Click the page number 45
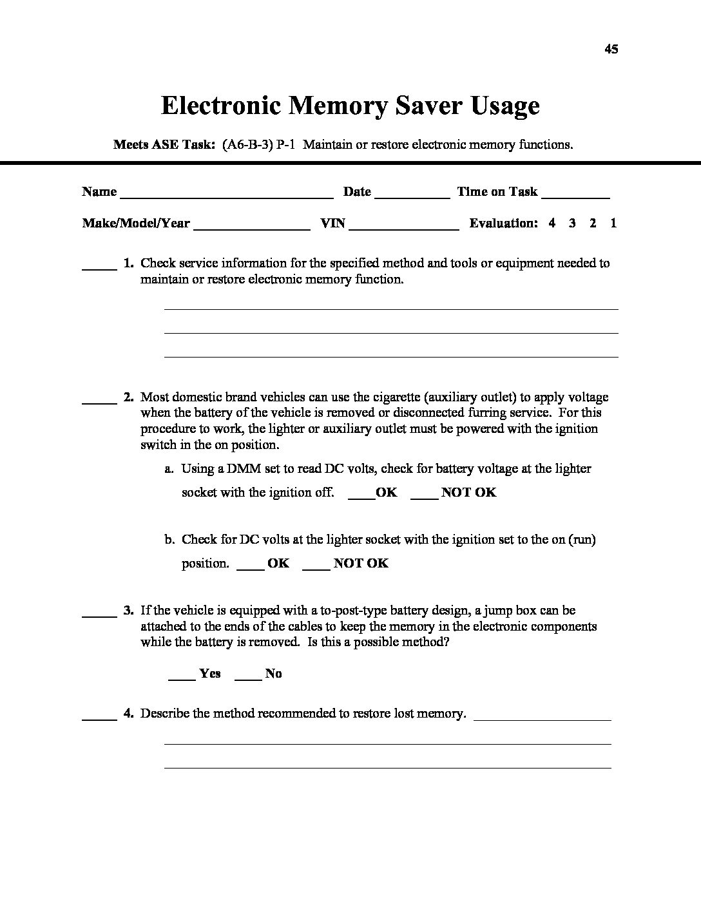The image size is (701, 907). tap(611, 49)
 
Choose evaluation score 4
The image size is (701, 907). tap(552, 224)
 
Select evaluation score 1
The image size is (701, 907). tap(613, 224)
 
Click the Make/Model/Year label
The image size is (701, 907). tap(136, 224)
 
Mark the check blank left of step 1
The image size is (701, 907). tap(99, 267)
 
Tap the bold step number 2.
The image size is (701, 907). tap(128, 397)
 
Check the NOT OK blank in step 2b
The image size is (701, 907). tap(316, 568)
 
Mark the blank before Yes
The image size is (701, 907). tap(182, 678)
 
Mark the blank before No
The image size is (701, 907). tap(248, 678)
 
